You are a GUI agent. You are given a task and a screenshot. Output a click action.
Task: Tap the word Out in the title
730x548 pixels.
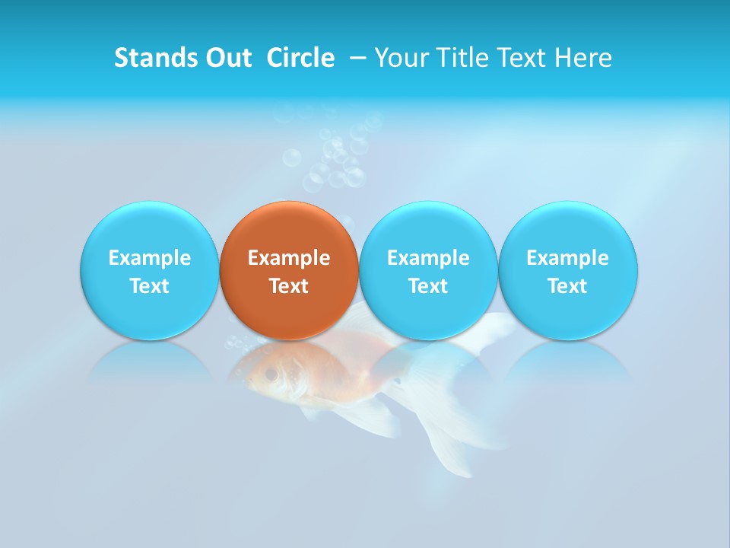click(227, 58)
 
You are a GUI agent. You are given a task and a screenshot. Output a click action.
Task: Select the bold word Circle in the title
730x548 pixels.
click(300, 58)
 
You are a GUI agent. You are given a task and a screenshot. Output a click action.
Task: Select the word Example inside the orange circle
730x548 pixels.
click(289, 258)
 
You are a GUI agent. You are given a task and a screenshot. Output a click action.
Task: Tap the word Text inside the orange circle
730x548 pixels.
click(289, 286)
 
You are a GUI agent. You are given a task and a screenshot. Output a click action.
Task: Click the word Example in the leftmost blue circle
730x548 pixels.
click(150, 258)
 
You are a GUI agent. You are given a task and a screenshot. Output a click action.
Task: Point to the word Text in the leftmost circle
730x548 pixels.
click(150, 286)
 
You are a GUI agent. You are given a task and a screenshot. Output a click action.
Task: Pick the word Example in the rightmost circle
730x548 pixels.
click(567, 258)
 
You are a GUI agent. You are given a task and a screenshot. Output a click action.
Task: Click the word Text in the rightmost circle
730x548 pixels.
click(567, 286)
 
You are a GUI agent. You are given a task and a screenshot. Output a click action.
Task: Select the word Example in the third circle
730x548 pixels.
click(428, 258)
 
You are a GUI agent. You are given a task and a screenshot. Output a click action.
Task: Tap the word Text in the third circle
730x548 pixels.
click(428, 286)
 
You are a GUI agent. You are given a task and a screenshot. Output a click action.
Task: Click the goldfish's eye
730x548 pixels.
click(271, 374)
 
